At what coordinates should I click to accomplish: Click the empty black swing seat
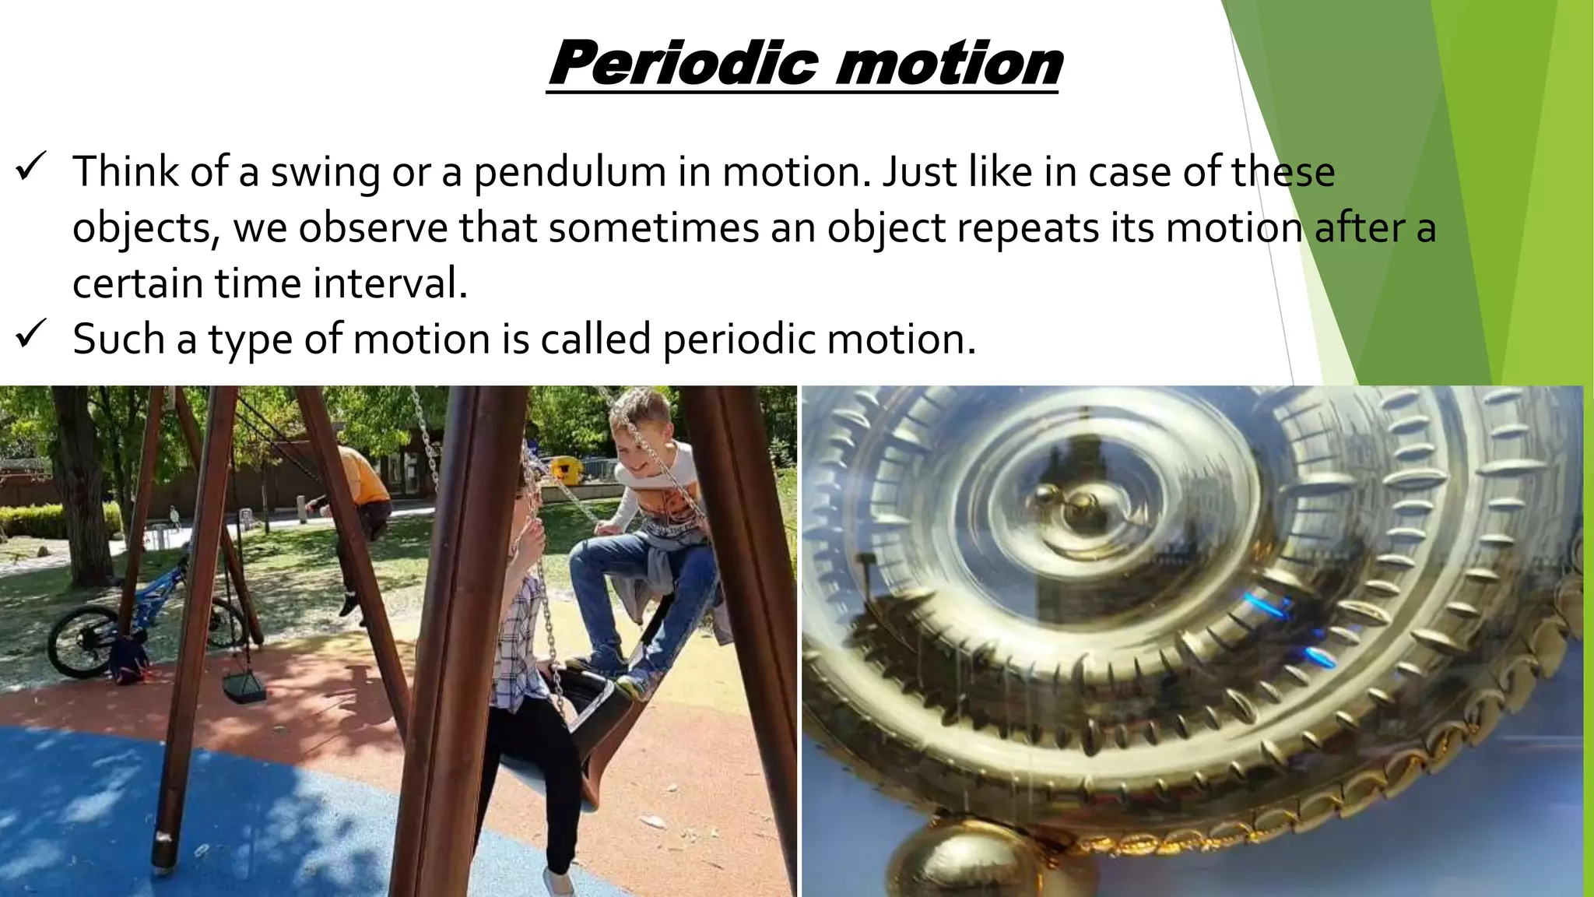244,686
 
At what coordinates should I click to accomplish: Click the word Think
125,171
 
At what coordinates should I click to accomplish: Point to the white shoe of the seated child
558,882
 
